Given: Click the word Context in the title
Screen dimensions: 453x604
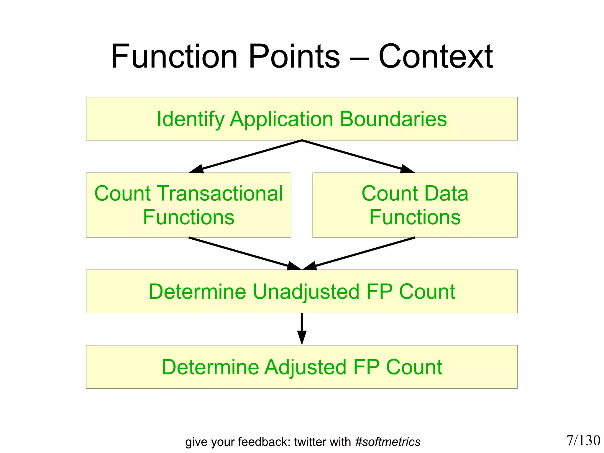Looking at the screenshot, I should coord(436,56).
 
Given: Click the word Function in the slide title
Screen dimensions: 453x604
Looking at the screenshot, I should coord(174,56).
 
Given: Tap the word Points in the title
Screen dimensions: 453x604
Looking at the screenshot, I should coord(294,56).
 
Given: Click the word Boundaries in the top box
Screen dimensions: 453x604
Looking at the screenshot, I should coord(393,119).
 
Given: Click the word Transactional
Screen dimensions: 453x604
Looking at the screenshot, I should coord(221,194).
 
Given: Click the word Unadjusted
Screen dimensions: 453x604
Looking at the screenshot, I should coord(306,292).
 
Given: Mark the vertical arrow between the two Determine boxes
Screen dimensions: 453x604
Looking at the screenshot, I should coord(302,328).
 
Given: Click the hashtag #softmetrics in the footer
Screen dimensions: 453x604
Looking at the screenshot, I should coord(388,442).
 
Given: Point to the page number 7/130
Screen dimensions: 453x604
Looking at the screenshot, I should coord(583,440).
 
